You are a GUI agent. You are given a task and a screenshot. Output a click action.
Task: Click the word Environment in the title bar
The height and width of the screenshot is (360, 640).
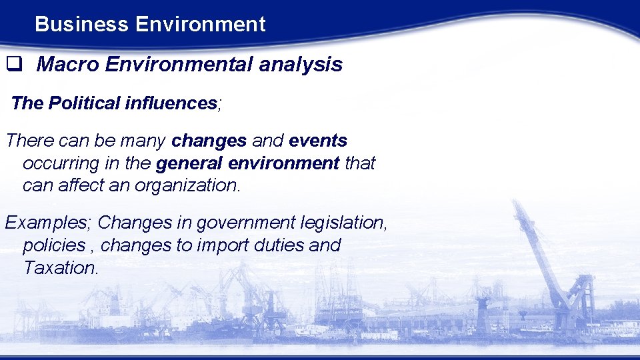tap(200, 25)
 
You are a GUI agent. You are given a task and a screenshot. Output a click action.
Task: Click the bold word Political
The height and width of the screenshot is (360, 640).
tap(83, 103)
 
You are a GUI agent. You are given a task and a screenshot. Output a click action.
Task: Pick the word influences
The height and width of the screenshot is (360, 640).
tap(170, 103)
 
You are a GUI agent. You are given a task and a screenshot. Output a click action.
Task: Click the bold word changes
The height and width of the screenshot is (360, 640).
tap(209, 141)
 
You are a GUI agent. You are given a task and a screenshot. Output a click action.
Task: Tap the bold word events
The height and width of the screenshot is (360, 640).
tap(318, 141)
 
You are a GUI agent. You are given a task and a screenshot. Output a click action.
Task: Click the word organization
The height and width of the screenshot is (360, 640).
tap(186, 185)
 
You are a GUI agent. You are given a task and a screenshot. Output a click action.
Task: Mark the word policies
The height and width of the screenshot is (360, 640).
tap(53, 245)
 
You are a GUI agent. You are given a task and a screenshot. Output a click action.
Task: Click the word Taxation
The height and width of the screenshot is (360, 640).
tap(61, 268)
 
